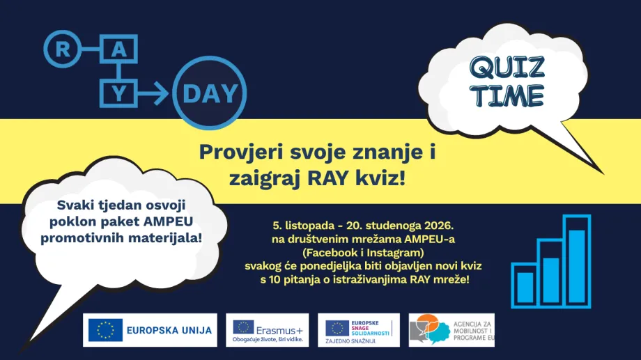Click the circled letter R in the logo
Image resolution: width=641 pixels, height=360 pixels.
click(x=62, y=49)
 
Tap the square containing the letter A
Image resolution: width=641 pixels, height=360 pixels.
click(x=118, y=49)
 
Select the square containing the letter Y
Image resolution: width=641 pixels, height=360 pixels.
click(x=118, y=93)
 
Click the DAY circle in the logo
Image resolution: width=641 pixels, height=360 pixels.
click(x=209, y=93)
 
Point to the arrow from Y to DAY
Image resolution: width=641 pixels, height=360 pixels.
click(x=153, y=93)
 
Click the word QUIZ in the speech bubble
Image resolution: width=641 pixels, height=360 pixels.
click(x=507, y=68)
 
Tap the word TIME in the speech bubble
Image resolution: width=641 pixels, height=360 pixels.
click(x=508, y=96)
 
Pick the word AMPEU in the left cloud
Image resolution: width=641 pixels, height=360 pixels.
click(x=168, y=221)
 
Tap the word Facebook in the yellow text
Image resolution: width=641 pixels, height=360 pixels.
click(x=330, y=253)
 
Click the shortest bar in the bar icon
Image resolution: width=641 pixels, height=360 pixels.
click(x=525, y=285)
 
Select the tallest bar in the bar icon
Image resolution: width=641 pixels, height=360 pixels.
click(x=577, y=261)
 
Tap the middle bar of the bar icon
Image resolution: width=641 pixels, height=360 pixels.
click(x=551, y=274)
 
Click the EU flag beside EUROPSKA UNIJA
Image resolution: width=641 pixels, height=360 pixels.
click(x=105, y=330)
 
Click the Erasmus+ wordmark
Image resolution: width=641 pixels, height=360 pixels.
click(x=279, y=330)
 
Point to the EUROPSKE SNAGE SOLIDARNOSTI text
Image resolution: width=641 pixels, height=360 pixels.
click(x=370, y=328)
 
